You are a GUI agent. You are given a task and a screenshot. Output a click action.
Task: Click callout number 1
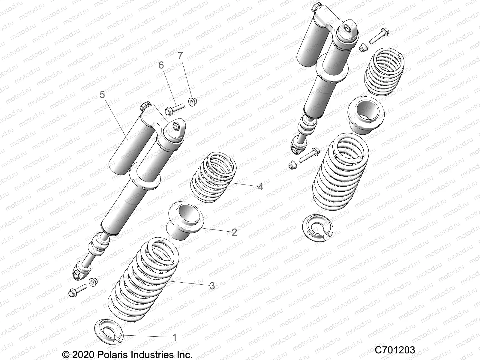[x=174, y=337]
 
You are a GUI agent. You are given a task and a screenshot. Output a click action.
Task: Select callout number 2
[x=234, y=232]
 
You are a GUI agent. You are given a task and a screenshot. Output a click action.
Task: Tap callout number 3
[x=212, y=286]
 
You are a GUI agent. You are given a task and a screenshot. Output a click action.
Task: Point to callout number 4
[x=260, y=187]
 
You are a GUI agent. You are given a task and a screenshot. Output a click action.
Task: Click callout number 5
[x=102, y=95]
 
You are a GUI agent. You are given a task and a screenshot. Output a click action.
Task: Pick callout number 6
[x=161, y=65]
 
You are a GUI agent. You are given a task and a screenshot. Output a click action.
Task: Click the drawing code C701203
[x=395, y=350]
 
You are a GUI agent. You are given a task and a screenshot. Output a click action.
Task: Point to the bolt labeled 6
[x=173, y=109]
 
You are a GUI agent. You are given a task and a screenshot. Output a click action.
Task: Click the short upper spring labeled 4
[x=214, y=178]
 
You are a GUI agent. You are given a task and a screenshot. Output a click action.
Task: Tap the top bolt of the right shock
[x=378, y=36]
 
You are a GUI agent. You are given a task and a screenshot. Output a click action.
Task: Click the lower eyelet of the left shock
[x=80, y=269]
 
